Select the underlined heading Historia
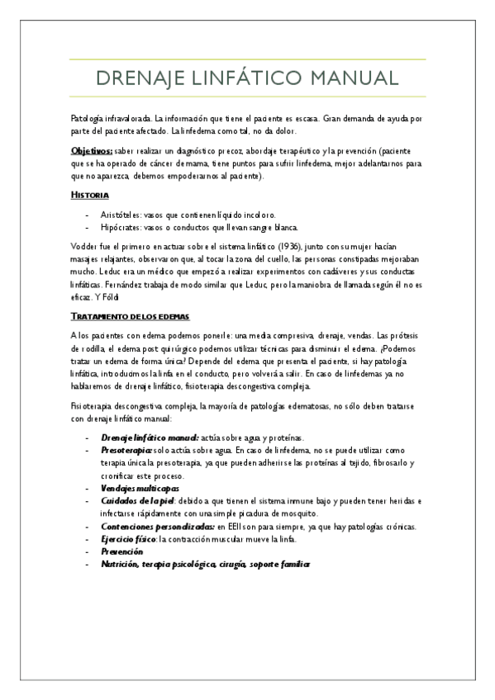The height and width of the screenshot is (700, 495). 90,195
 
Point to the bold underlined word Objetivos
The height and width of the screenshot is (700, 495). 91,152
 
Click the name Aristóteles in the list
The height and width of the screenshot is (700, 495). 121,214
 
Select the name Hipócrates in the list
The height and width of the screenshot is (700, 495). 121,227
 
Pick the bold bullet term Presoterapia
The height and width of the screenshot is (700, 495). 126,451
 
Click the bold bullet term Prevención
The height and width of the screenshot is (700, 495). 122,551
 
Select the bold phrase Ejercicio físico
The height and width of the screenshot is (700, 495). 127,539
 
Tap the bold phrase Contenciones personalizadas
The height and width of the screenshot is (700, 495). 157,527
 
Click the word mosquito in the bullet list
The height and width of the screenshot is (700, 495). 296,513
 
